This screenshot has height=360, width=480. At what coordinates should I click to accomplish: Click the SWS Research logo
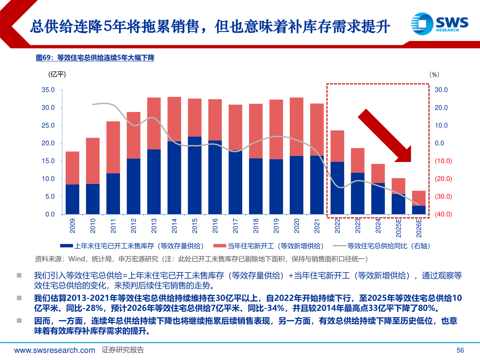point(439,23)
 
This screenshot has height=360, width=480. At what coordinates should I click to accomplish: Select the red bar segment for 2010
point(93,161)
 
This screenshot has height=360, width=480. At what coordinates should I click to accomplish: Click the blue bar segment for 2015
point(195,175)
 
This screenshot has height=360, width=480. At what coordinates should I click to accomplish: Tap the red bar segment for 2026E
point(419,198)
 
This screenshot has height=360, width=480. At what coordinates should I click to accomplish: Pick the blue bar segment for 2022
point(337,188)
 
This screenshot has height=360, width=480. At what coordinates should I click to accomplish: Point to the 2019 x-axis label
point(276,226)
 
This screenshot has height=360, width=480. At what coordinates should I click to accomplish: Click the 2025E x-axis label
point(399,227)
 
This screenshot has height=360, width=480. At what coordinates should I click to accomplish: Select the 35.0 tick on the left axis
point(48,90)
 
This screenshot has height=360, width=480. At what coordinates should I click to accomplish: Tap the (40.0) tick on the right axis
point(443,214)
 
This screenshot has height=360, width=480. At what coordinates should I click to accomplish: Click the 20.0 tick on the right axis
point(441,108)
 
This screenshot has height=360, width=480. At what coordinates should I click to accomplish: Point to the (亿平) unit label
point(57,74)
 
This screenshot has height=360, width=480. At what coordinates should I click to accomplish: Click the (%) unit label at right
point(434,75)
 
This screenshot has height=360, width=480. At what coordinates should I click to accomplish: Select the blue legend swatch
point(66,246)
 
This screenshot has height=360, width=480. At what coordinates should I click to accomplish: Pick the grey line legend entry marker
point(339,246)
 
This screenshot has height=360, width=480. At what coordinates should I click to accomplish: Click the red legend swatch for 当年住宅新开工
point(220,246)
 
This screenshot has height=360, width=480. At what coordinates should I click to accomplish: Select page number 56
point(460,350)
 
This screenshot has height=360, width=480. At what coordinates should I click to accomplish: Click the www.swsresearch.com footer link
point(55,350)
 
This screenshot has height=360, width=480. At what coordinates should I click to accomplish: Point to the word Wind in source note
point(77,259)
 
